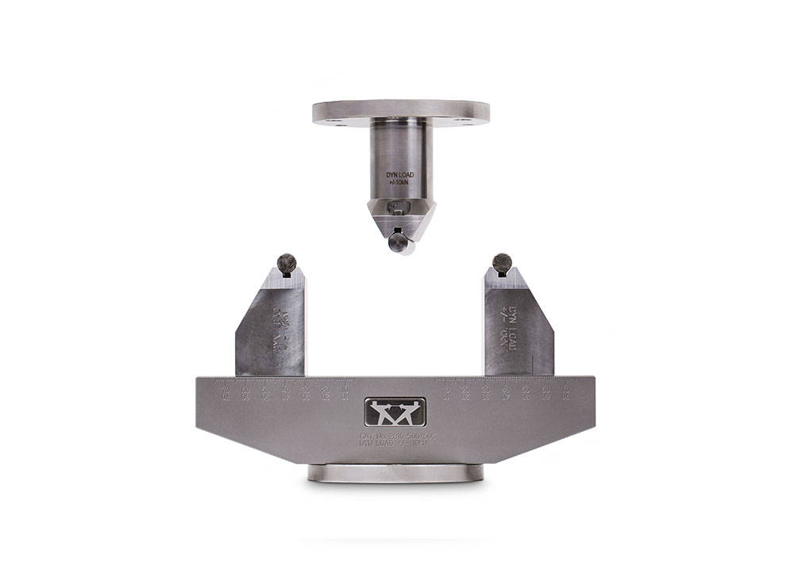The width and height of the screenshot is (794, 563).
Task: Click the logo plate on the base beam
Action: (x=395, y=412)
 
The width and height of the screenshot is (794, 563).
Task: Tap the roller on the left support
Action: (x=287, y=262)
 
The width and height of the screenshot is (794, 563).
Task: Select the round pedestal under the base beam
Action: (x=395, y=473)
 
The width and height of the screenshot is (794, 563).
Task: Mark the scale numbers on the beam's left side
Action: (x=287, y=391)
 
